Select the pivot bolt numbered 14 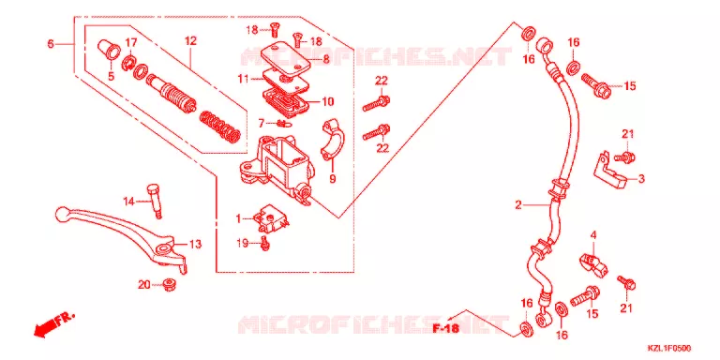click(155, 201)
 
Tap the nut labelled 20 click(171, 285)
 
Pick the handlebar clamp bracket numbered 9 click(331, 142)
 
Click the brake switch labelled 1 click(270, 219)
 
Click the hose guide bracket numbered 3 click(610, 171)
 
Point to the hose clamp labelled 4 click(593, 265)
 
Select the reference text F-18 click(446, 328)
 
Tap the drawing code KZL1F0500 click(669, 349)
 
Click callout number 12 click(190, 40)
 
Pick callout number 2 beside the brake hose click(517, 205)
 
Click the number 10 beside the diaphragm click(328, 101)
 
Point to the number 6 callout click(51, 44)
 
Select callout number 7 click(261, 123)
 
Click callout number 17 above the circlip click(131, 43)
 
